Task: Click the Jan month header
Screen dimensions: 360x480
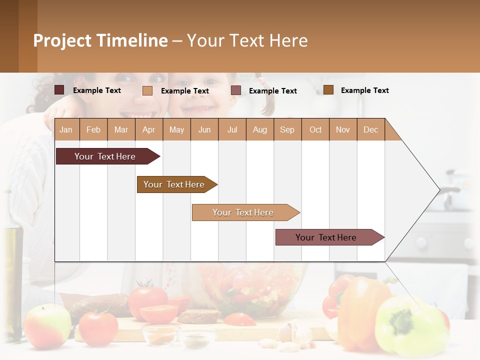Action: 66,129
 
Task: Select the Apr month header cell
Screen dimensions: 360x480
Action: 148,129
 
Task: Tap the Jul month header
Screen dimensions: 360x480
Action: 232,129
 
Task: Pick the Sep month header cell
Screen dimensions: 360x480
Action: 287,129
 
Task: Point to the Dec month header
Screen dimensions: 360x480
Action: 370,129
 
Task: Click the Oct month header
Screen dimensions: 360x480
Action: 315,129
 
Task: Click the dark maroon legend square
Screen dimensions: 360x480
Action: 59,90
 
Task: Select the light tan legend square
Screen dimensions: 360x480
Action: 147,90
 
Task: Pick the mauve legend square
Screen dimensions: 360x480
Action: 236,90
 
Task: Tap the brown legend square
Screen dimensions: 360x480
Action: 328,90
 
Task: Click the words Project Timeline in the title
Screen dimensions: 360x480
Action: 100,40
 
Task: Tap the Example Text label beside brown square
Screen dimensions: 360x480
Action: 364,90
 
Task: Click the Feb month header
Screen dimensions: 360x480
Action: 93,129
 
